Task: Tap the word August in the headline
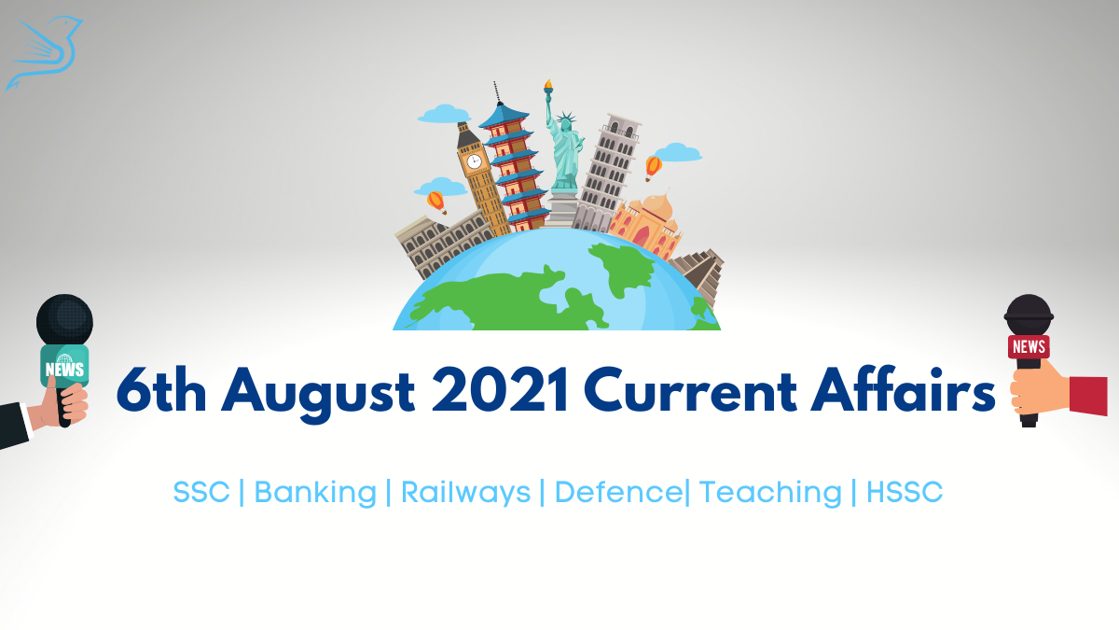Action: point(318,394)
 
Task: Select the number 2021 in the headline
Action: point(500,389)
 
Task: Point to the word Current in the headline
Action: point(689,389)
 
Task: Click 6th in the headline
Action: point(161,389)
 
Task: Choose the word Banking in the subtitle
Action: point(315,493)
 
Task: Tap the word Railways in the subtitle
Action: point(465,493)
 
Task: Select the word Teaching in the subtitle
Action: point(770,493)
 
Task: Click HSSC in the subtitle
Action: point(905,492)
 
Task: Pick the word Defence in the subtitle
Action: point(618,492)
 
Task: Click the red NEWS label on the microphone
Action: point(1029,346)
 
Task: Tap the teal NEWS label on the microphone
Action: point(64,367)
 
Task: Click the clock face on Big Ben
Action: point(474,161)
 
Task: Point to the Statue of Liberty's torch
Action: point(548,87)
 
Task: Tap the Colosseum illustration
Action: point(442,245)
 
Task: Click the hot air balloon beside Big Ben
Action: point(436,203)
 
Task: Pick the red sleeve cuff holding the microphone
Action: point(1088,396)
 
